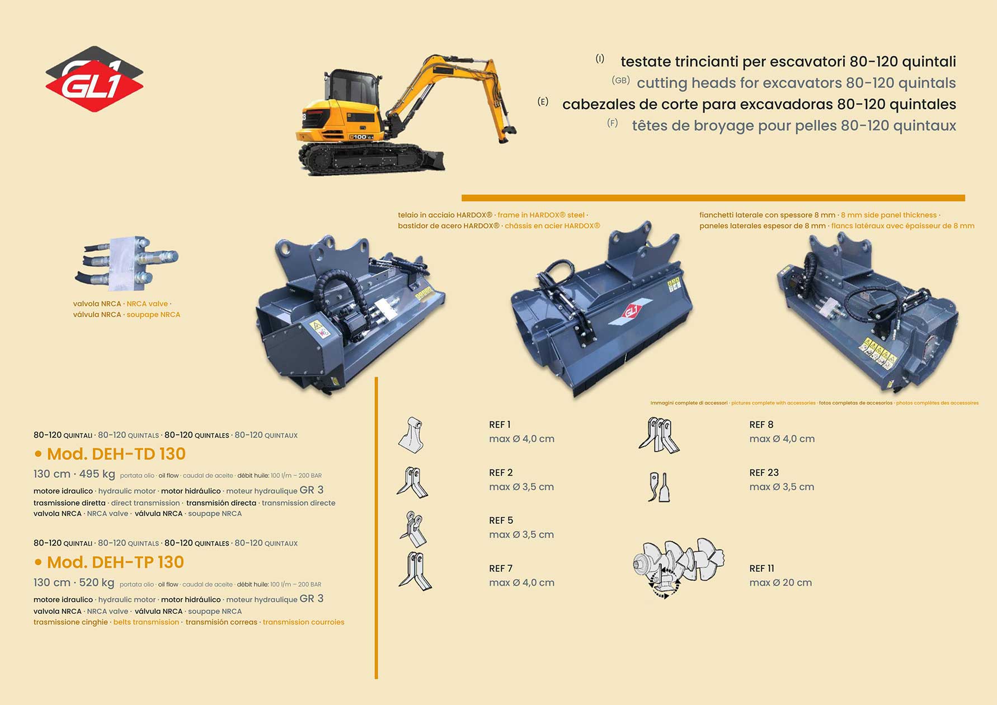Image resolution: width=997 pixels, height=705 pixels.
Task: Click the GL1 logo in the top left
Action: pos(94,79)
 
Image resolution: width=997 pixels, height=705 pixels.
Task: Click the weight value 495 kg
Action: pos(97,474)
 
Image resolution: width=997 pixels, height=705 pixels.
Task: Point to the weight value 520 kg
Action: pos(96,582)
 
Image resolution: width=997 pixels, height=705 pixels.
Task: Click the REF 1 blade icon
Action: pos(412,435)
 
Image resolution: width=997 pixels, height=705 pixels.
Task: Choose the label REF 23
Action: pos(764,473)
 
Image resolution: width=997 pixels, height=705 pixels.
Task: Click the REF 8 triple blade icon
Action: pos(659,435)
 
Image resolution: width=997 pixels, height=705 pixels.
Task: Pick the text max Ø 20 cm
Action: pos(780,582)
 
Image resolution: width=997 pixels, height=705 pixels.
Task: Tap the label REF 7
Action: pos(501,568)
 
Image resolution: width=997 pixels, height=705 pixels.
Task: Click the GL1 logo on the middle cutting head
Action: pos(631,311)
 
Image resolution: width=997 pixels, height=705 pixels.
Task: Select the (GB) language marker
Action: pos(620,81)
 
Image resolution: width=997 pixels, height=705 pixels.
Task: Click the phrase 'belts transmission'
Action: pos(146,622)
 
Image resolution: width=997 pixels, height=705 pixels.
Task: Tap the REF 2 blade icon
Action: pos(413,482)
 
